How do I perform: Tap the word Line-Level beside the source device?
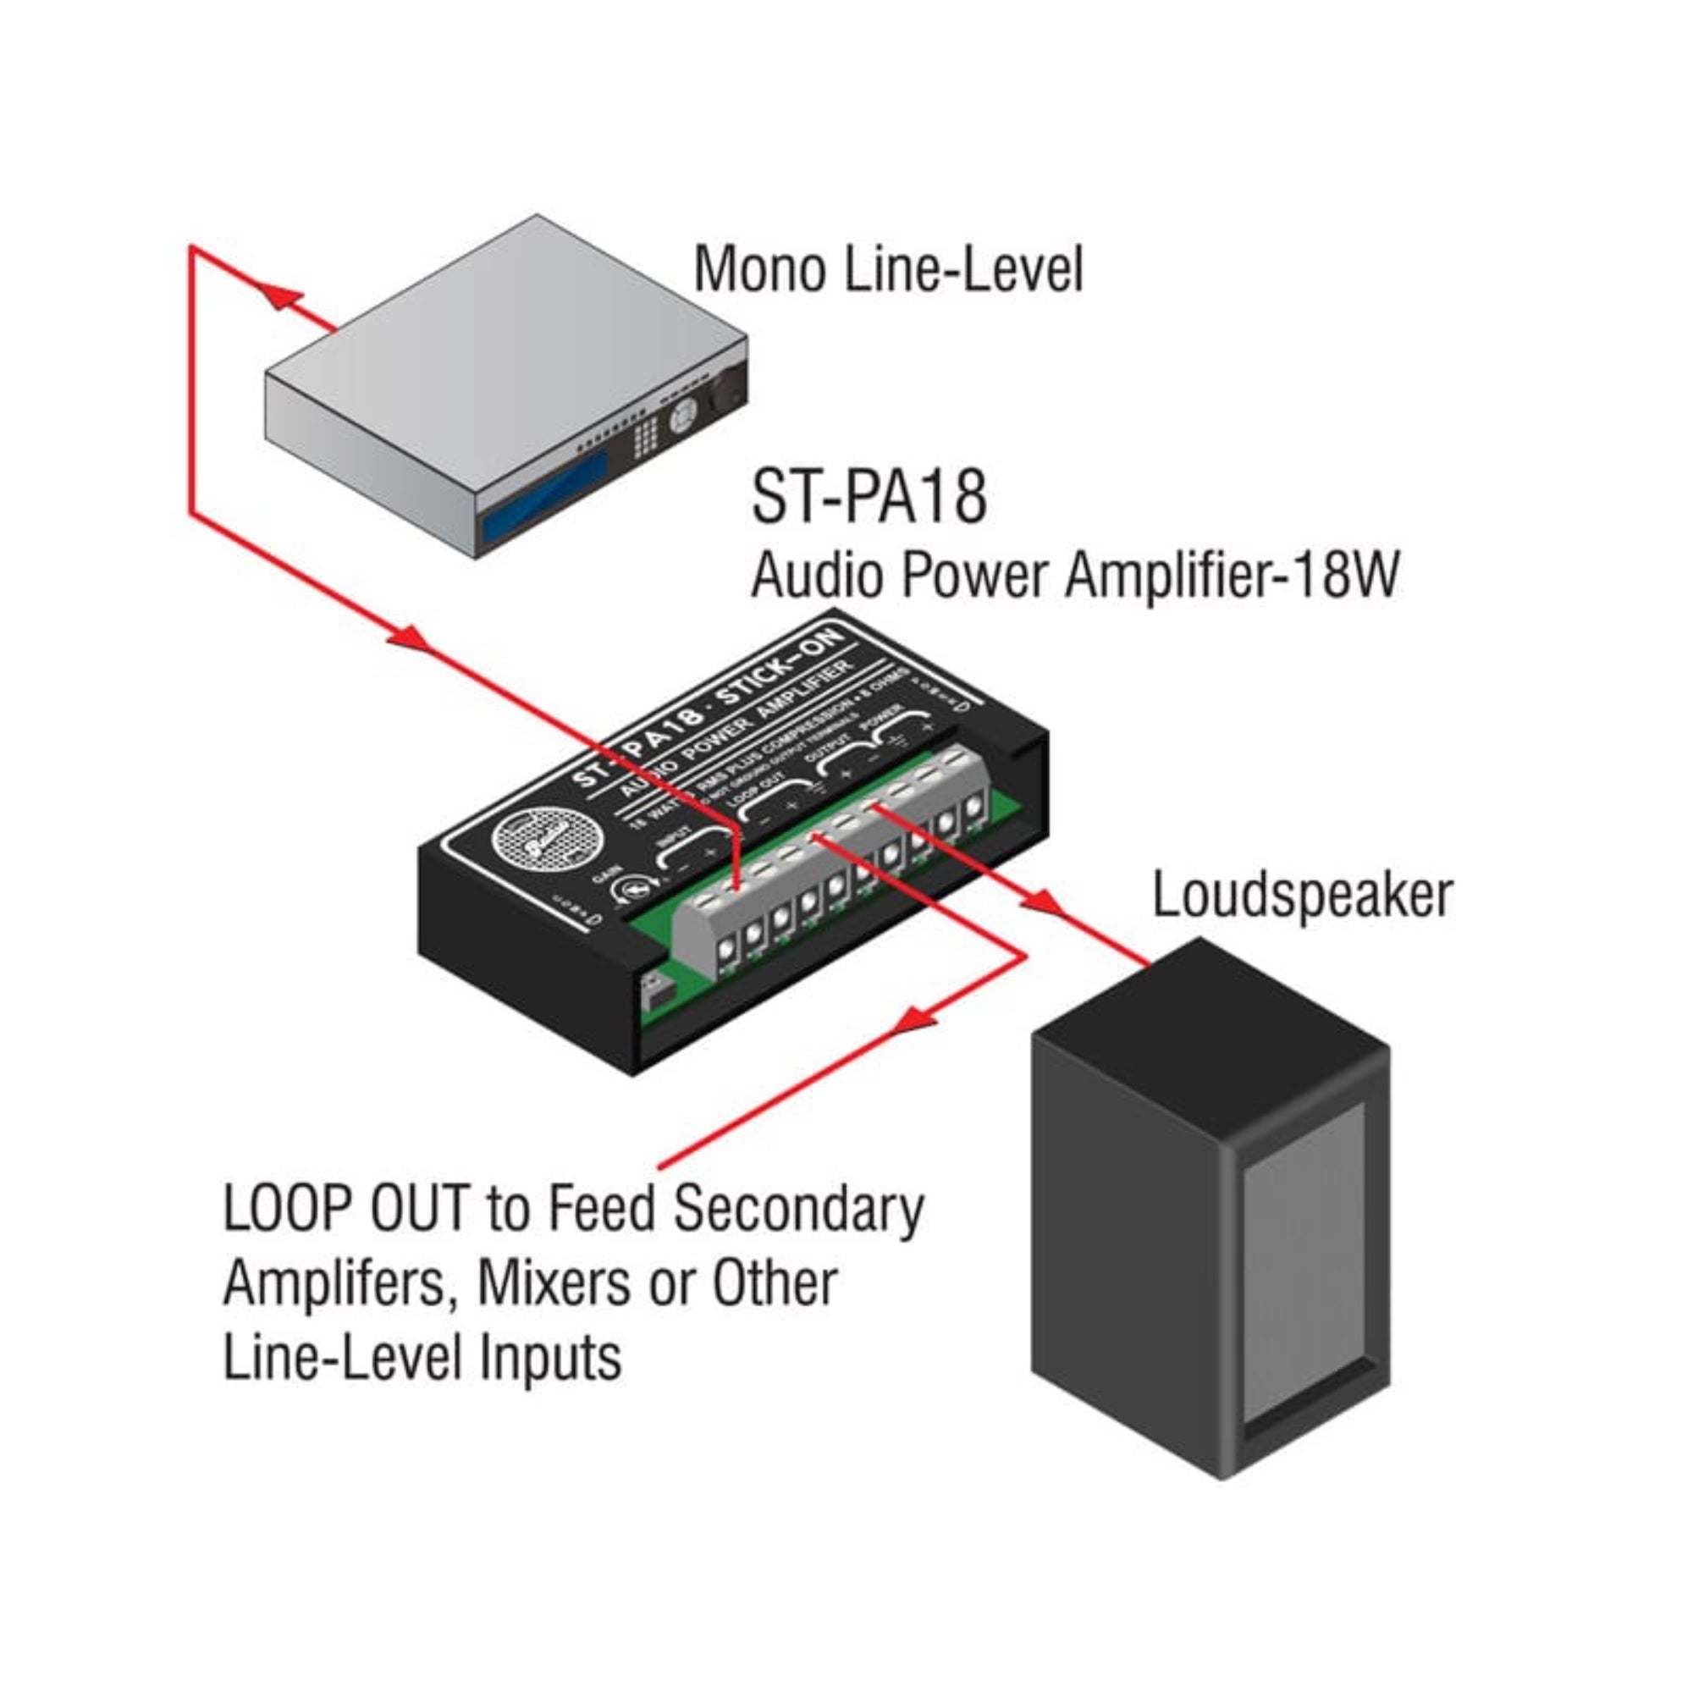tap(963, 269)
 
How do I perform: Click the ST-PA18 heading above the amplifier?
tap(869, 497)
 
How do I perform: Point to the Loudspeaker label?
tap(1302, 896)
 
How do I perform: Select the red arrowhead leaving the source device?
tap(281, 298)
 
